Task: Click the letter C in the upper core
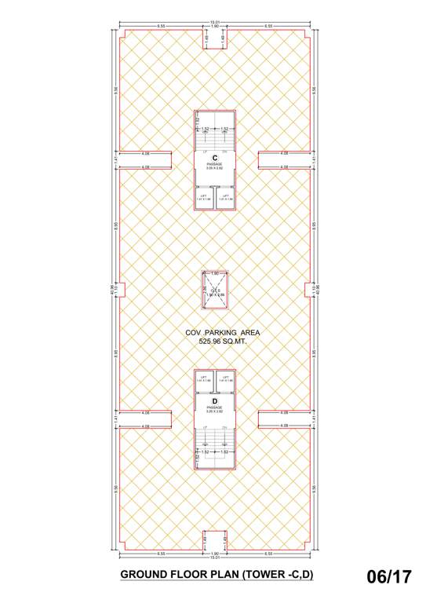214,158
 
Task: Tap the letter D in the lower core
214,401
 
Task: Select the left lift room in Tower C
204,198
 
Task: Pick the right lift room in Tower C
225,198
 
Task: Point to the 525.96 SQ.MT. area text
222,342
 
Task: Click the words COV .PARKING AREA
222,333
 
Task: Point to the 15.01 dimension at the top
214,22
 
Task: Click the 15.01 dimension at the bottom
214,558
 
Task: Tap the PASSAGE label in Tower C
214,165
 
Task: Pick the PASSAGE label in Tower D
214,407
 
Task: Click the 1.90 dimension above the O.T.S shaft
214,272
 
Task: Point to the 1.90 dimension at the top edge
214,27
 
